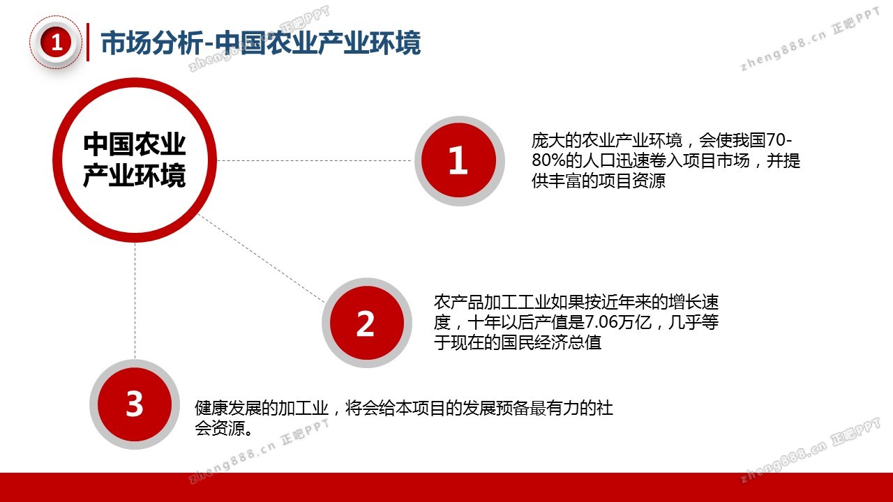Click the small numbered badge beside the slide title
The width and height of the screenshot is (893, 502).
56,43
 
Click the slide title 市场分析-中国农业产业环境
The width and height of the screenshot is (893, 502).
261,43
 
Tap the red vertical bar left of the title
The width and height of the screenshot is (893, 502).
88,43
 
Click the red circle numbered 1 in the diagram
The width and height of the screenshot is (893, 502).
459,160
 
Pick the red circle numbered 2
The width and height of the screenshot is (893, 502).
367,323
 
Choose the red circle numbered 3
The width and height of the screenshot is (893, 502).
135,404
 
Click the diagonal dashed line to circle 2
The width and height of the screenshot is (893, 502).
262,259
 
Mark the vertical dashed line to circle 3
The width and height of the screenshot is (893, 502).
135,301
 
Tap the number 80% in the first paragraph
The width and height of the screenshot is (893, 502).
548,160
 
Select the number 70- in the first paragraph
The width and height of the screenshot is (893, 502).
779,140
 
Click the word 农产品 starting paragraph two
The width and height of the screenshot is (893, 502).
459,302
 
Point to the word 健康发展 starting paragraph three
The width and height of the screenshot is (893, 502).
228,408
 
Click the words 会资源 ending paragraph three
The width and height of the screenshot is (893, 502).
220,428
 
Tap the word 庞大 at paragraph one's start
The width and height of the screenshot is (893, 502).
548,140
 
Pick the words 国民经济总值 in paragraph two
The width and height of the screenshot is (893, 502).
551,342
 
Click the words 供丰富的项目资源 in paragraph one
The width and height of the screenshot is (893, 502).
599,181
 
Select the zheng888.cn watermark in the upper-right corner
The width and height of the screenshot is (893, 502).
811,39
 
